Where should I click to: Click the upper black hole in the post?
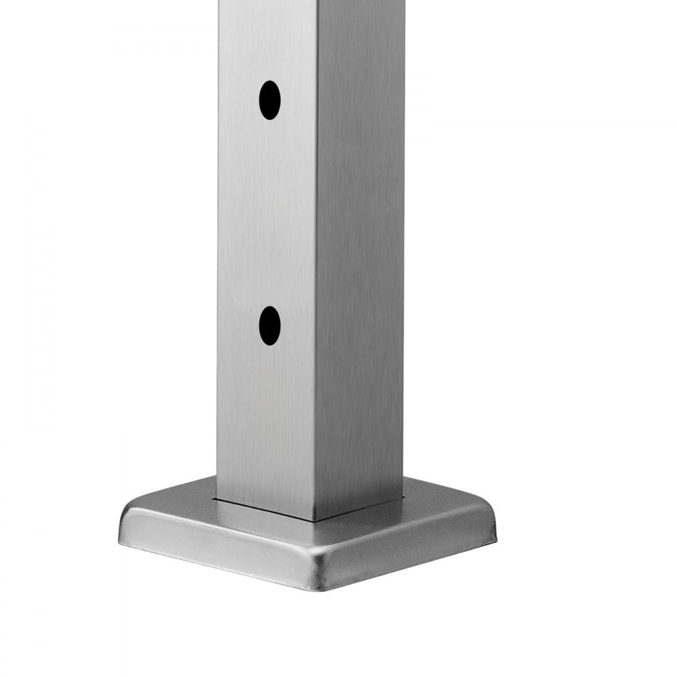tap(269, 100)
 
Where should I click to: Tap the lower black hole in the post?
tap(269, 325)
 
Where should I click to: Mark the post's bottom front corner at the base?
tap(315, 520)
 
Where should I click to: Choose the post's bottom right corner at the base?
tap(404, 500)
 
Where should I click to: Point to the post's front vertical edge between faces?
tap(316, 271)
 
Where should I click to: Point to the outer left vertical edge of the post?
tap(219, 271)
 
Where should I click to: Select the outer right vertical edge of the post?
tap(404, 271)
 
